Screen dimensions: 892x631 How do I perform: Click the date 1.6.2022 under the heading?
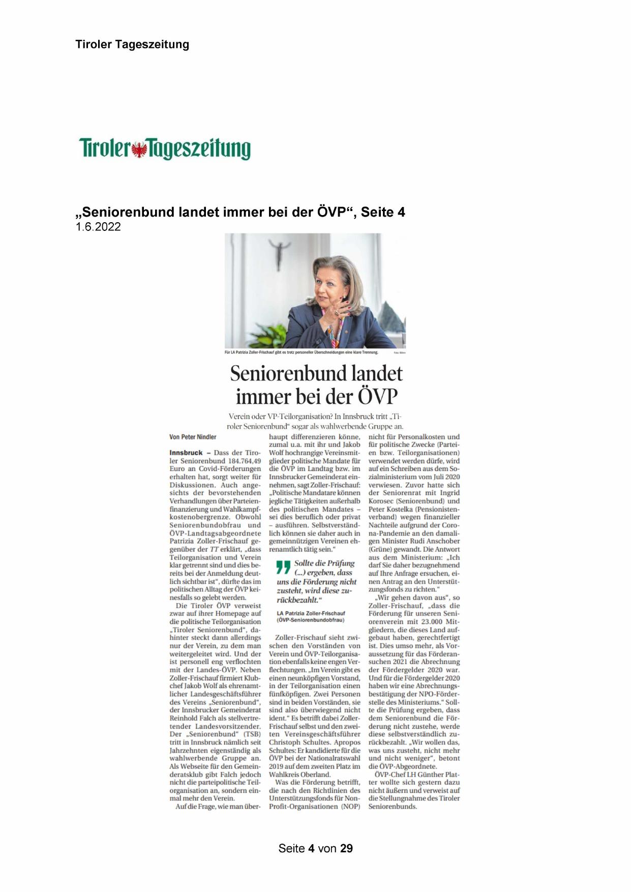pyautogui.click(x=98, y=227)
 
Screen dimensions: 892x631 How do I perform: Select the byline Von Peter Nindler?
pyautogui.click(x=193, y=437)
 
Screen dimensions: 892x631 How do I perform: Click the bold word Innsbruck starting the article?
pyautogui.click(x=186, y=453)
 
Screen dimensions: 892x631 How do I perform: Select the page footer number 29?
pyautogui.click(x=346, y=848)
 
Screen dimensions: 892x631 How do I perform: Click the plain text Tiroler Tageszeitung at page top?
pyautogui.click(x=132, y=44)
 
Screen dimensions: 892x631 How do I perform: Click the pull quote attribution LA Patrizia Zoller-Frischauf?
pyautogui.click(x=311, y=613)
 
